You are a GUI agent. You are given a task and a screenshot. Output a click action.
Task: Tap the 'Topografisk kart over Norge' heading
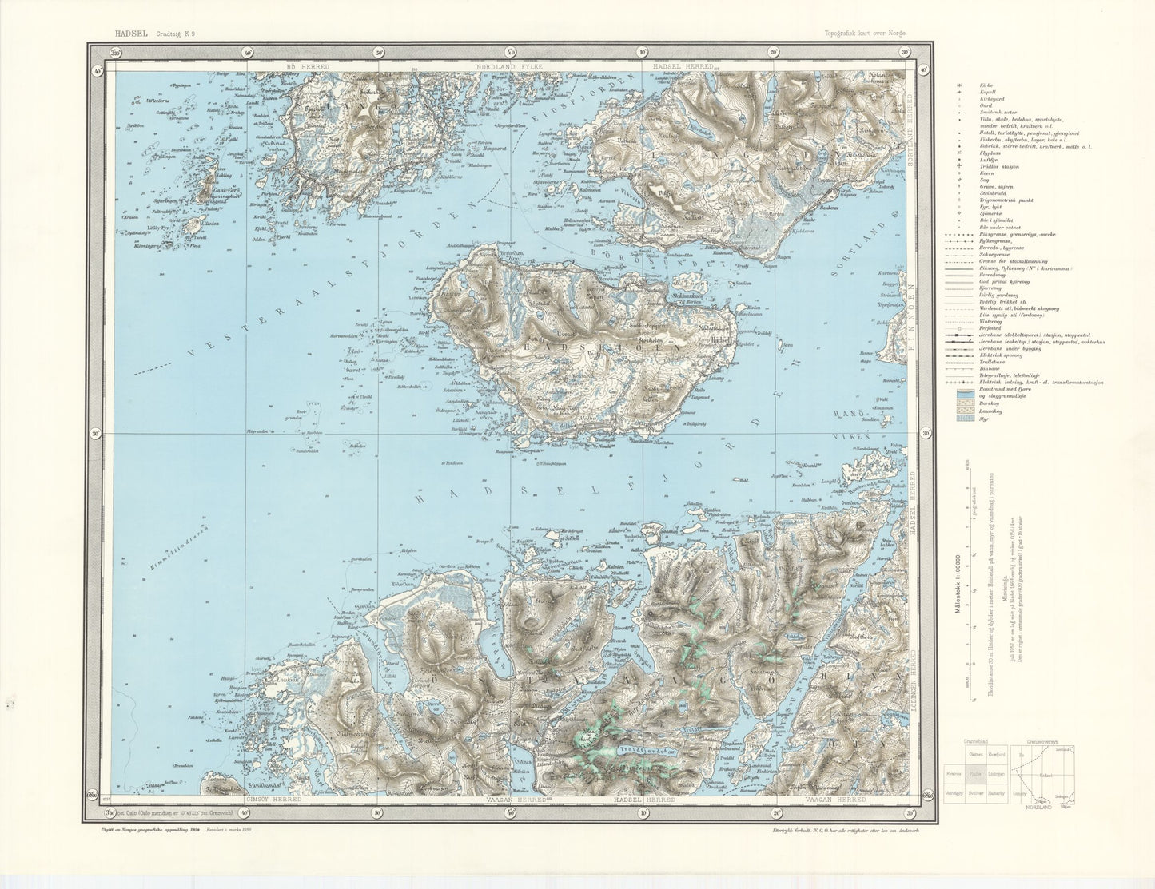click(866, 34)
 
